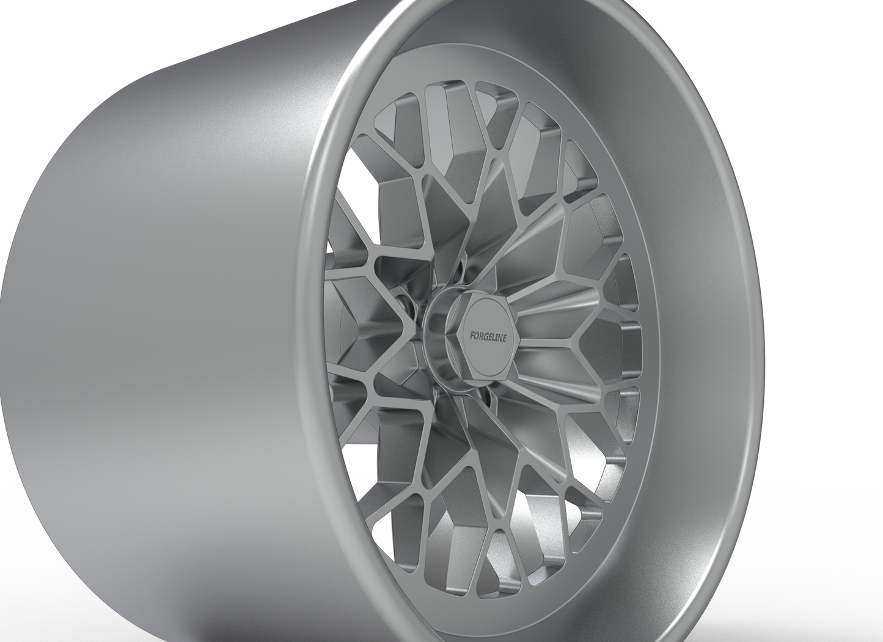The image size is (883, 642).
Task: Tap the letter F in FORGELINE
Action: point(471,335)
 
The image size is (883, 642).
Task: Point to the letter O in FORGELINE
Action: point(475,335)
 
